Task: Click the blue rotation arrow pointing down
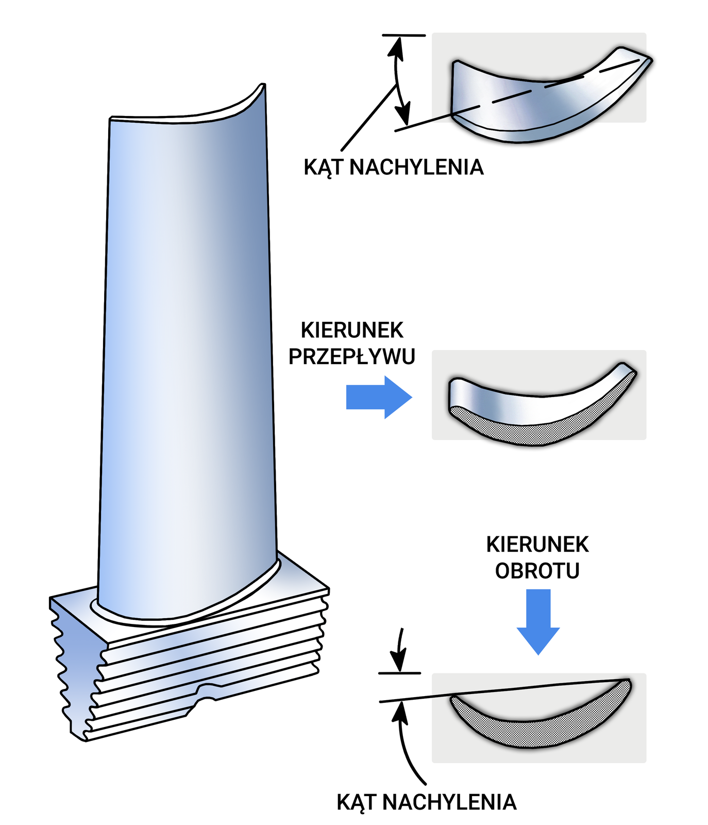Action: point(538,621)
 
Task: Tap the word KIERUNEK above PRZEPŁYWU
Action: point(352,331)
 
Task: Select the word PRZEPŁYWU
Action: point(352,357)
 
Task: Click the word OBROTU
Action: point(537,571)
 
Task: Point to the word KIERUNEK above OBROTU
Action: point(537,544)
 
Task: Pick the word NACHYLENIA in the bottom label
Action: point(449,802)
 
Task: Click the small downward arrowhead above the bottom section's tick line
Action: point(399,660)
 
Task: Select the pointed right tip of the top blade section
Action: point(649,61)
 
